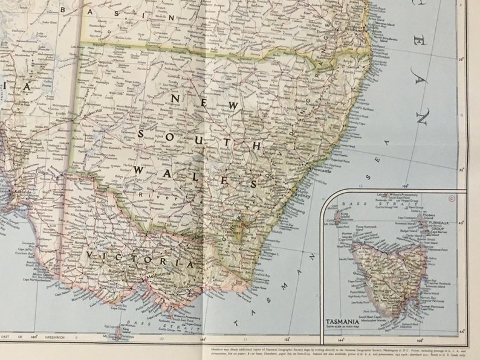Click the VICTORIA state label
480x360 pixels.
click(x=141, y=260)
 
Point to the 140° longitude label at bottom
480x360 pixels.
click(x=34, y=336)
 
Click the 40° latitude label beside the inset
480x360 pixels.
click(x=462, y=222)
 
